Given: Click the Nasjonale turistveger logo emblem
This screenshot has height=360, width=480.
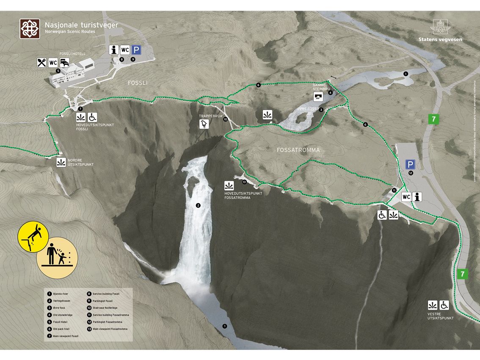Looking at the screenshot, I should tap(30, 28).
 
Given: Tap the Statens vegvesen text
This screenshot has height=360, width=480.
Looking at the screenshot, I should tap(440, 40).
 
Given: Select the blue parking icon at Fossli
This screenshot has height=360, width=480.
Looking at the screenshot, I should tap(136, 50).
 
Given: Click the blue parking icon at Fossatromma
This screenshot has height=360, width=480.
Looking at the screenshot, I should tap(410, 164).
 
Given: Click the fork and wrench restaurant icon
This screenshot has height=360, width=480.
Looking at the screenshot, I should tap(41, 63).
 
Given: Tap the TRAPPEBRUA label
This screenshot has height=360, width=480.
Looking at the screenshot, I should tap(211, 116).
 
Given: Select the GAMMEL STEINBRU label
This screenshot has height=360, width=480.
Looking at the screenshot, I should tap(320, 87).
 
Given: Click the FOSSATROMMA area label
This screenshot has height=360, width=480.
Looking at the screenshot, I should tap(298, 150).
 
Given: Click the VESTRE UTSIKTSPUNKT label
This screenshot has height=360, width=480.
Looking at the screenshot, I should tap(440, 316).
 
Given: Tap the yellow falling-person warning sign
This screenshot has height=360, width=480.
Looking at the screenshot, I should tap(33, 239).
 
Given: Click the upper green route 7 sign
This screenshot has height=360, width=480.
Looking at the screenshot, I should tap(433, 119).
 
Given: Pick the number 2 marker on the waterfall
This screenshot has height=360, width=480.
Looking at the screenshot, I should tap(198, 205).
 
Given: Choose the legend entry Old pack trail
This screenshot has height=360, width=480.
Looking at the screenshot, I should tap(62, 329).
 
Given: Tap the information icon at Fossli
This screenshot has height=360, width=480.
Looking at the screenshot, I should tap(113, 50).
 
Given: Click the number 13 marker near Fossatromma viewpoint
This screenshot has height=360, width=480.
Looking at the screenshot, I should tap(244, 182).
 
